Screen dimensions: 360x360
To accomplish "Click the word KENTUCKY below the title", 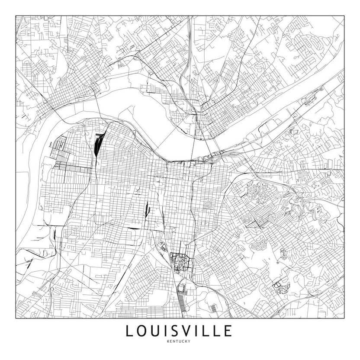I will coord(179,342).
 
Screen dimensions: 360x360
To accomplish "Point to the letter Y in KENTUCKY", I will coord(191,342).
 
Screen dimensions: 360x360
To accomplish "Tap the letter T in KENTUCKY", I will coord(177,342).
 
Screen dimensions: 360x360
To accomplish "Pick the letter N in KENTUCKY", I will coord(174,342).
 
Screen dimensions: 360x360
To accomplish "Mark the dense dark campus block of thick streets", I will coord(179,262).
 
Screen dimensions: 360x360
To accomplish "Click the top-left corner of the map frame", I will coord(16,16).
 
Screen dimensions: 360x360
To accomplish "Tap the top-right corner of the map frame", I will coord(344,16).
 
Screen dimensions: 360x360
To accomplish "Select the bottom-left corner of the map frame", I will coord(16,318).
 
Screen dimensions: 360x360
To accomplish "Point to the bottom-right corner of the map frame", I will coord(344,318).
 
